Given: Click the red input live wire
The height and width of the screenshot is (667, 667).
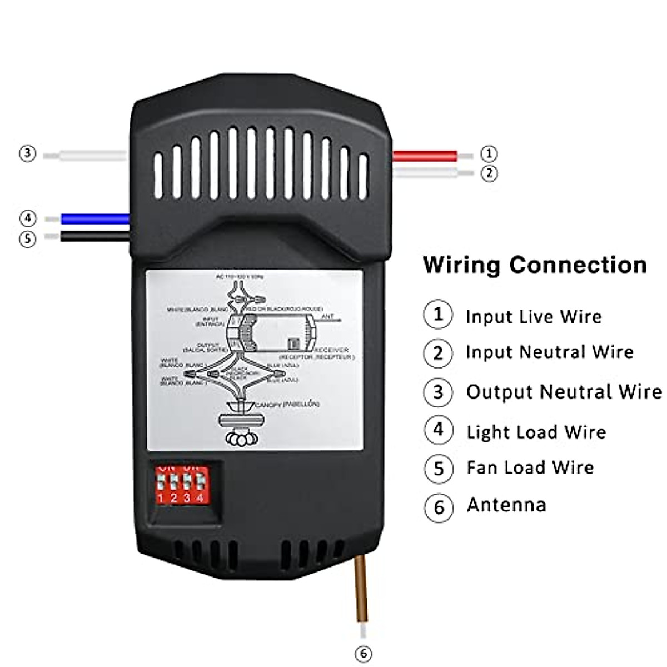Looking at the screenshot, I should tap(425, 155).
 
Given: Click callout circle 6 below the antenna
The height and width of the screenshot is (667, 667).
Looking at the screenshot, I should tap(363, 654).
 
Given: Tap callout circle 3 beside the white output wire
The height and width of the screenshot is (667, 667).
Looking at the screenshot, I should tap(27, 153).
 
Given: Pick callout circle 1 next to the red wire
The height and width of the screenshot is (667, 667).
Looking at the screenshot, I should tap(489, 153).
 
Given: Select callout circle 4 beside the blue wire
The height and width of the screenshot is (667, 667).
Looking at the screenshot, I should tap(27, 218).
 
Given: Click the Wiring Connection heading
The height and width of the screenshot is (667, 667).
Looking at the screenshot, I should tap(535, 265).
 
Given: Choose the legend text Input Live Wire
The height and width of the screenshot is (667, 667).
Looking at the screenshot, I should tap(534, 317).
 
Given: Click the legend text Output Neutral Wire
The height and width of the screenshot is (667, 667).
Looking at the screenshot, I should tap(564, 392).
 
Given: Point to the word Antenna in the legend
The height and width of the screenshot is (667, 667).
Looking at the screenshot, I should tap(506, 505).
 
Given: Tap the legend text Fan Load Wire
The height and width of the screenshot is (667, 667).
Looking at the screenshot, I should tap(530, 467).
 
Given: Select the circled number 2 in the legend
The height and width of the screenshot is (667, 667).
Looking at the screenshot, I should tap(438, 353).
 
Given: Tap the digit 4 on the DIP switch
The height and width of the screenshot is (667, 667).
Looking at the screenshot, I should tap(200, 498).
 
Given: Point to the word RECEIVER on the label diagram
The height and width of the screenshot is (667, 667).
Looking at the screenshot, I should tap(332, 350).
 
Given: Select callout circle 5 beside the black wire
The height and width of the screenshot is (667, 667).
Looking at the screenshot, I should tap(27, 239).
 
